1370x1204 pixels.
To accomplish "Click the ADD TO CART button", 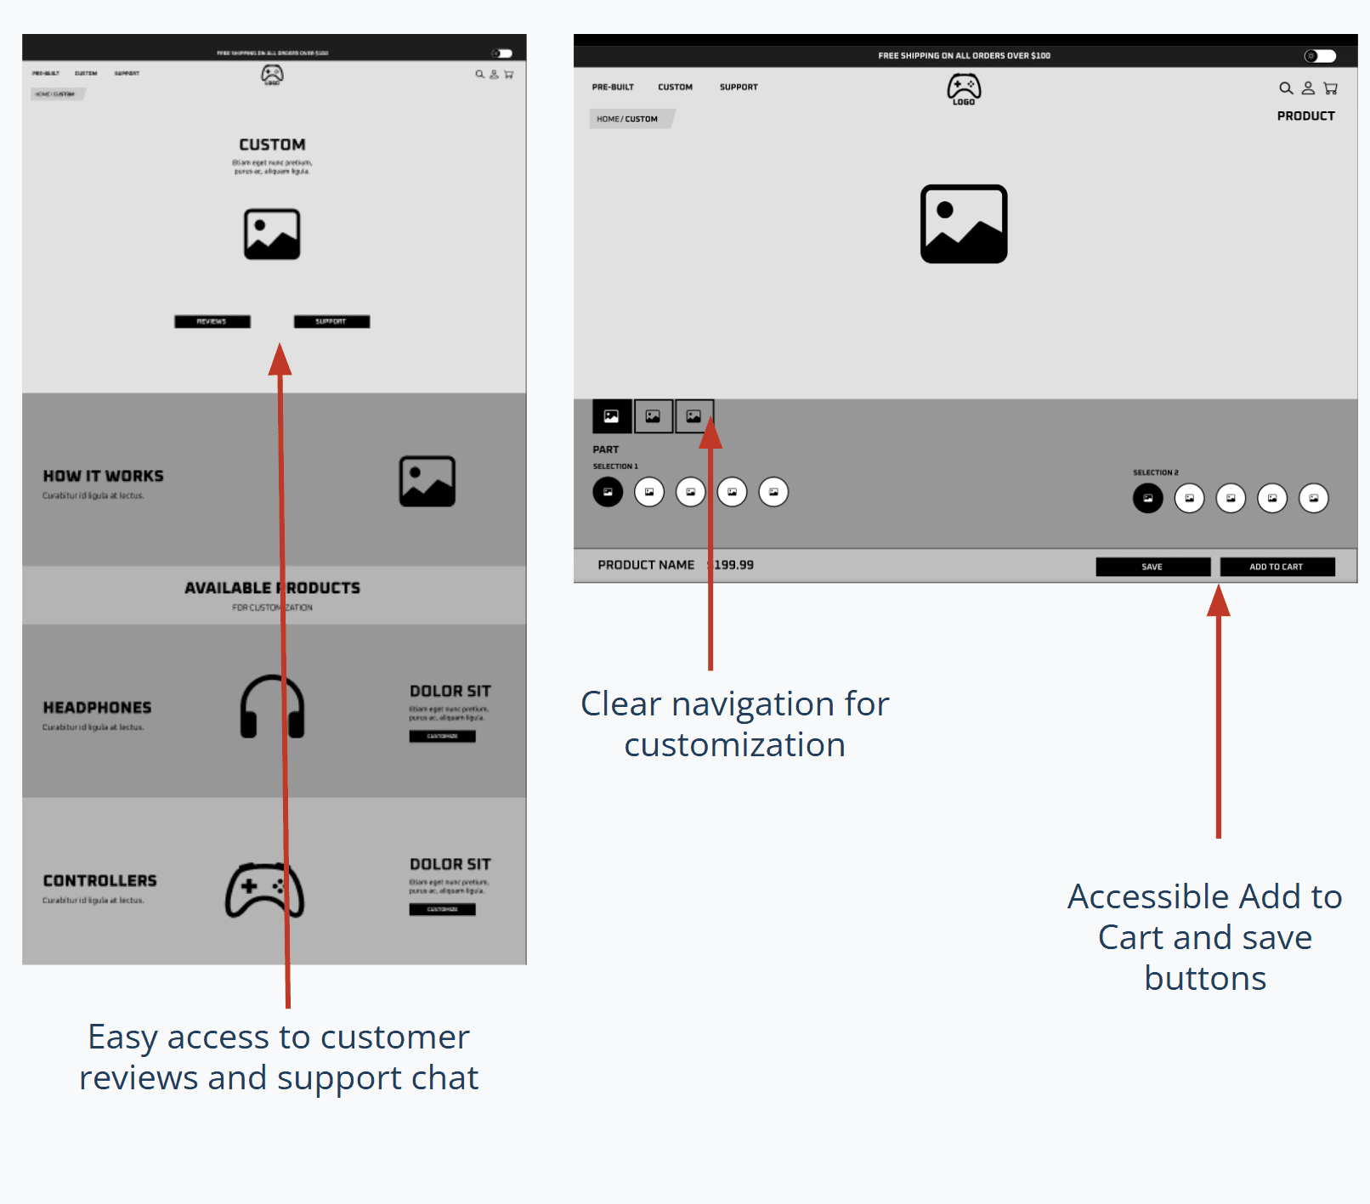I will coord(1277,567).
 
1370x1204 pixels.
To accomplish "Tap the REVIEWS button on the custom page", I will coord(212,322).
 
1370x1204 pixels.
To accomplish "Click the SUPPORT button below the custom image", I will coord(331,322).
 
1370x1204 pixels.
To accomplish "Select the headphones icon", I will coord(272,706).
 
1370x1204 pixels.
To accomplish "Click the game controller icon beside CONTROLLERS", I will coord(264,890).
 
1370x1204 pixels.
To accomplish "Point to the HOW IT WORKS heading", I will coord(103,477).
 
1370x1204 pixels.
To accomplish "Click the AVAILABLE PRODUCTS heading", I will coord(272,588).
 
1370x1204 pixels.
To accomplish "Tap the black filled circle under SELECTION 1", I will coord(608,492).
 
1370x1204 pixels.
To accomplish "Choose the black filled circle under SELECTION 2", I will coord(1147,498).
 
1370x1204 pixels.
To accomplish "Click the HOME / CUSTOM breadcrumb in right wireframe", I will coord(627,119).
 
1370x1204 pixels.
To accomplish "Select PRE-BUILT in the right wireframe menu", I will coord(613,88).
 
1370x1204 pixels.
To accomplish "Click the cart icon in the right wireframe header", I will coord(1330,88).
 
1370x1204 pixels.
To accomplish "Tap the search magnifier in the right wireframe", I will coord(1286,88).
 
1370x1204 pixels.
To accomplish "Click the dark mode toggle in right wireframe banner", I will coord(1320,56).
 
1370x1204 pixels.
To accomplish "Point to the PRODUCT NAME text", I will coord(646,565).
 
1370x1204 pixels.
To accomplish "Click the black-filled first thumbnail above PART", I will coord(611,416).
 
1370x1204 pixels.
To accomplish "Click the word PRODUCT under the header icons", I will coord(1305,116).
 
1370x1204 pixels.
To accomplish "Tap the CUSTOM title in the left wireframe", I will coord(272,145).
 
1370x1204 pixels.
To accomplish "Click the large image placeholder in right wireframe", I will coord(964,224).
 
